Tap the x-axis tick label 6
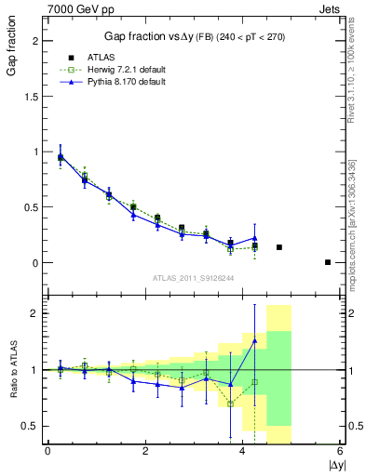coord(341,452)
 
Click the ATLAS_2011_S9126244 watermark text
coord(195,276)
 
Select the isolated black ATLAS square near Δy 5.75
coord(328,262)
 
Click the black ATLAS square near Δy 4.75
coord(279,247)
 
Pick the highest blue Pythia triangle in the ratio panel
coord(254,341)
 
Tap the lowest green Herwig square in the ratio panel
coord(230,403)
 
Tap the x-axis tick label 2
coord(145,452)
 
